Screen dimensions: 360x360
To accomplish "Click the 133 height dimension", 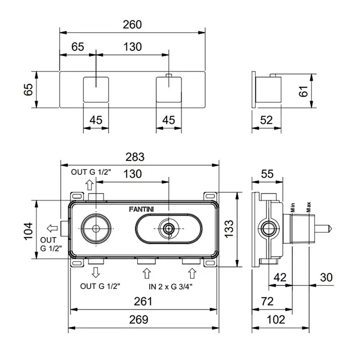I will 229,228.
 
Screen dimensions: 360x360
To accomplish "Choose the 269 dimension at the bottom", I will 138,319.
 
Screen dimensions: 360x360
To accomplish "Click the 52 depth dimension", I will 266,120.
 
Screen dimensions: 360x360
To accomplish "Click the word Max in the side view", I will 309,207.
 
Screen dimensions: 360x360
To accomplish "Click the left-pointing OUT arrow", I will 51,228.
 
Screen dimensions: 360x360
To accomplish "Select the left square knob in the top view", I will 97,90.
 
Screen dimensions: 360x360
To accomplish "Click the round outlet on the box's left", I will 95,227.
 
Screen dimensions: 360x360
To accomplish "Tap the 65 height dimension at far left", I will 28,90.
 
